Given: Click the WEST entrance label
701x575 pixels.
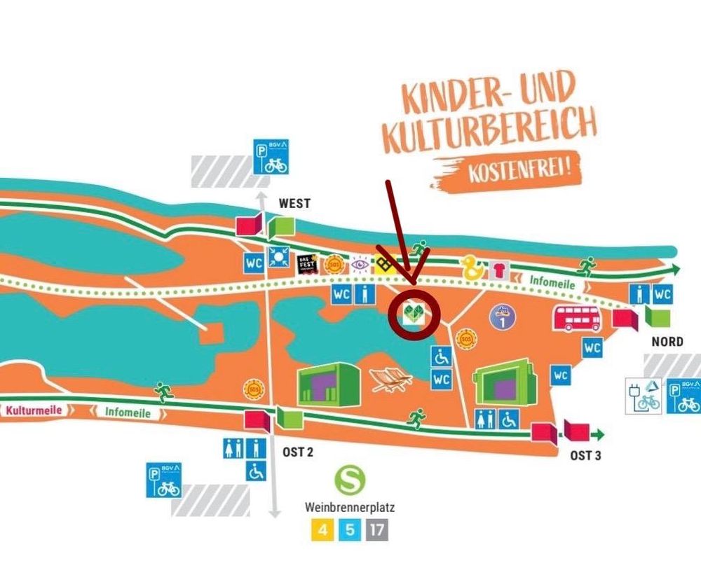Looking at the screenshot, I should click(294, 204).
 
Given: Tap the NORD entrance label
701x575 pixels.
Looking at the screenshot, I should click(667, 342).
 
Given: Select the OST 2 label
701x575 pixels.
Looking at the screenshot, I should click(298, 452).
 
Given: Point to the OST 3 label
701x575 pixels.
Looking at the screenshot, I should click(585, 455).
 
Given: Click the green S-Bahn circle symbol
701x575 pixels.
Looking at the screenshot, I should click(348, 480).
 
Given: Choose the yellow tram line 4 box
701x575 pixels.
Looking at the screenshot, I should click(322, 529).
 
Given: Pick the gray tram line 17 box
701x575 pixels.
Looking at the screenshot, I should click(376, 529).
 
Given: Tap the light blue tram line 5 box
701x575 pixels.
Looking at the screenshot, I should click(349, 529).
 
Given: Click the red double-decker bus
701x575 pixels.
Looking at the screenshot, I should click(576, 319).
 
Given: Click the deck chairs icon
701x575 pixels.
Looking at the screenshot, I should click(392, 379).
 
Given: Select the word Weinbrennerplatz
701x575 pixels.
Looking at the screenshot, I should click(349, 506).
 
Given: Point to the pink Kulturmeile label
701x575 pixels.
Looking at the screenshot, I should click(33, 410).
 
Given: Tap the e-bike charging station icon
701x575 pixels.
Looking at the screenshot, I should click(644, 396).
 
